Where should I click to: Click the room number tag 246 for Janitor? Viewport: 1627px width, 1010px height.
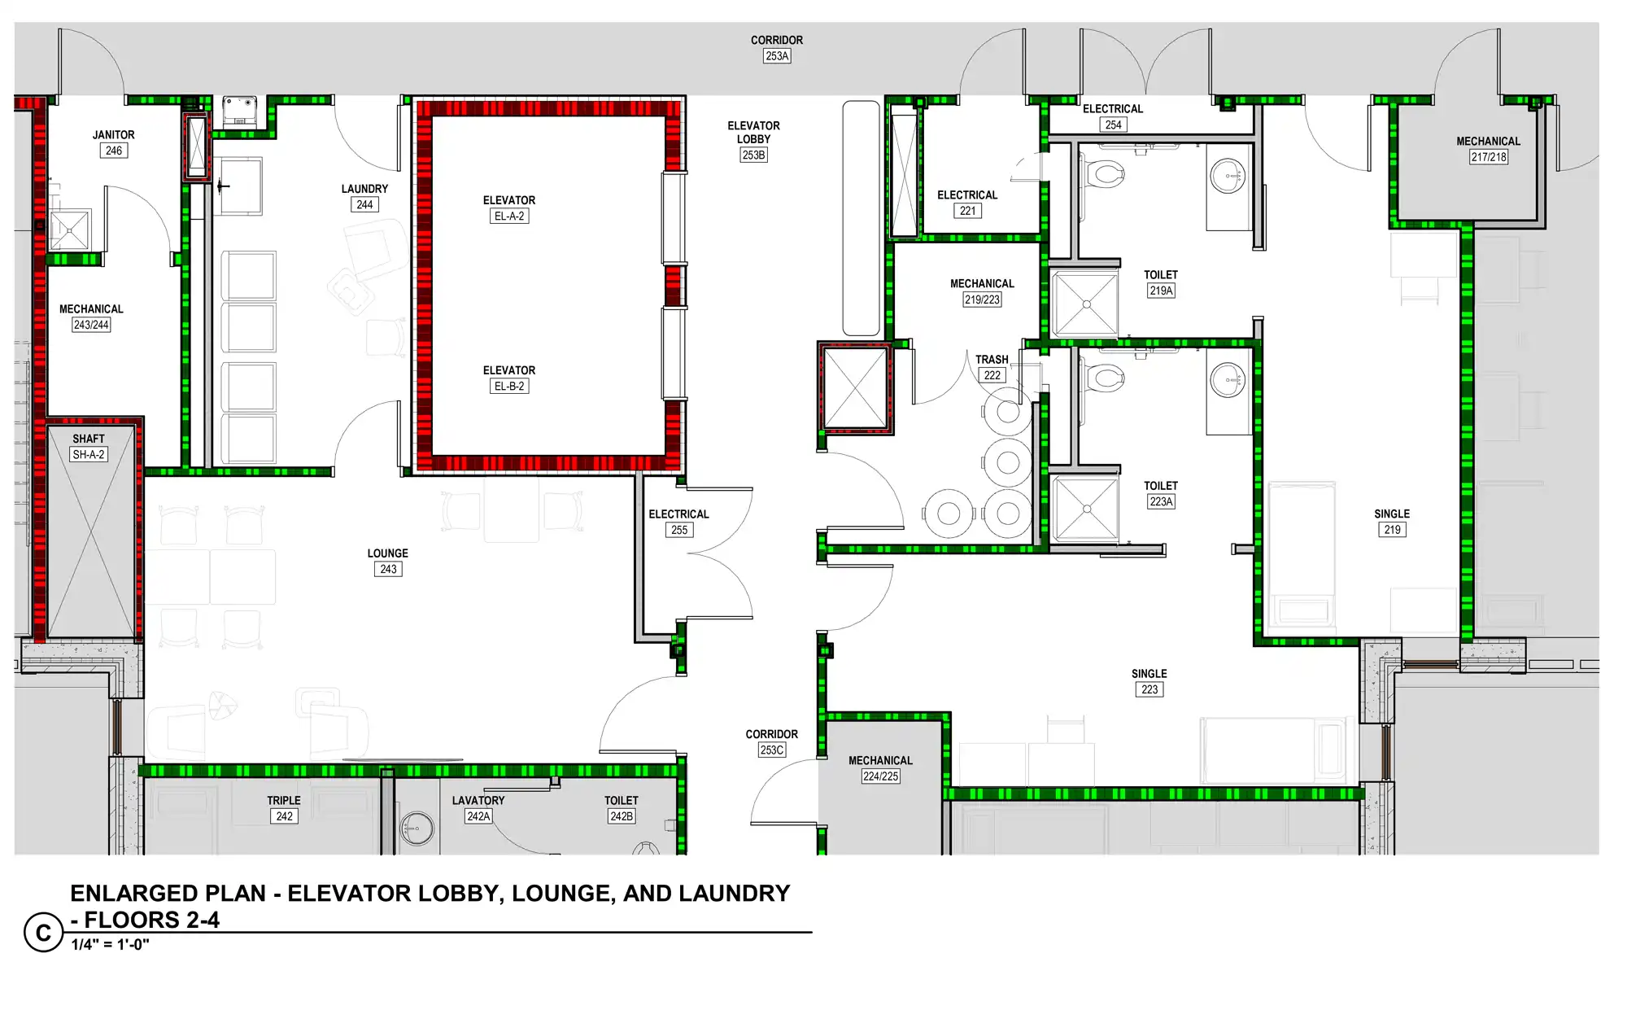[114, 151]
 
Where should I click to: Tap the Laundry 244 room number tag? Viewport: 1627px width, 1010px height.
[364, 204]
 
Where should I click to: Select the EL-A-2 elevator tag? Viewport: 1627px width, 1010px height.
[509, 216]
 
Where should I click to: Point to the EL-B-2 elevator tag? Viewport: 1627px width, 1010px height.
[509, 386]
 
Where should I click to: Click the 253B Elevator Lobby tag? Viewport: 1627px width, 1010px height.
[753, 155]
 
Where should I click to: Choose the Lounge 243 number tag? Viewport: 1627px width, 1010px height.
[388, 569]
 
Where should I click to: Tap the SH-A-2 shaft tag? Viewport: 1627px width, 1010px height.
[89, 454]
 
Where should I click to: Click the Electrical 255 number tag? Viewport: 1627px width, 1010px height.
[679, 530]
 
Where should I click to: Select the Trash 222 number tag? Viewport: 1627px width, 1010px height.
[992, 375]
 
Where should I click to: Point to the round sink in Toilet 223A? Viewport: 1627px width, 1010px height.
[1228, 379]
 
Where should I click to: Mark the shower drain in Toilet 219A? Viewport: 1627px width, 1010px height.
[1087, 304]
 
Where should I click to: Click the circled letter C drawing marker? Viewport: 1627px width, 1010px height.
[44, 933]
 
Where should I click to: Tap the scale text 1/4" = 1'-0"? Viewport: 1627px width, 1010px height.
[110, 945]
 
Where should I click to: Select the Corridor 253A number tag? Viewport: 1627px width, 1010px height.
[777, 56]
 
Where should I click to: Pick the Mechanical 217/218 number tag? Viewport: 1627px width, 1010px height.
[1489, 157]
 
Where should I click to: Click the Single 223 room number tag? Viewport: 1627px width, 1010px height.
[1149, 689]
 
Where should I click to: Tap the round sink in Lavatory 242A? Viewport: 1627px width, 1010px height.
[417, 829]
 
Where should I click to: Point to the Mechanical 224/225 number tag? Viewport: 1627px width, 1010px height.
[880, 776]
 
